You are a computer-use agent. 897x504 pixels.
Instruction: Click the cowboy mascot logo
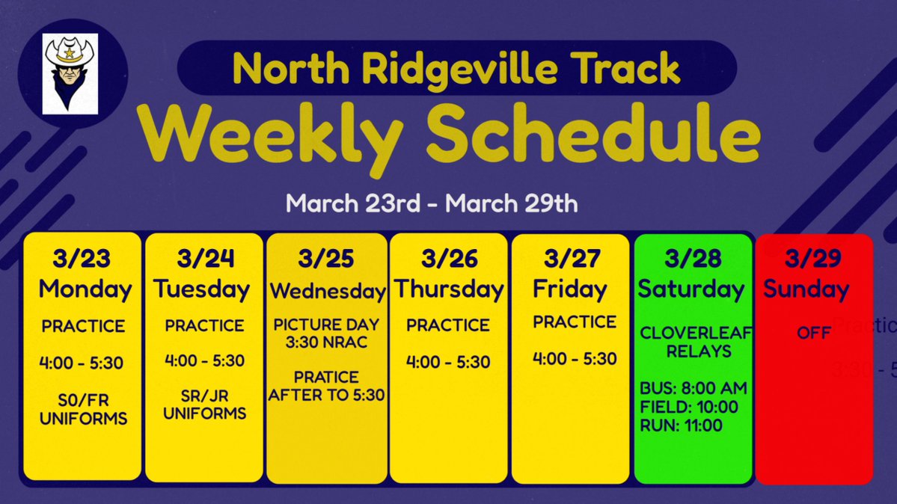pyautogui.click(x=70, y=73)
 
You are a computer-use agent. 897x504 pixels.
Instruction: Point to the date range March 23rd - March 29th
pyautogui.click(x=432, y=203)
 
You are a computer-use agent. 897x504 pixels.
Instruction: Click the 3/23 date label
pyautogui.click(x=82, y=259)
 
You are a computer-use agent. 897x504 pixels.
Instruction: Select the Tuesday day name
pyautogui.click(x=202, y=289)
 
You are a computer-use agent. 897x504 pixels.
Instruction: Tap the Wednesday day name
pyautogui.click(x=327, y=290)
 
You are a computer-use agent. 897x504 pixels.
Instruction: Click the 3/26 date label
pyautogui.click(x=449, y=259)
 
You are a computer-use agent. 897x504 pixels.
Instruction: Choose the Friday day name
pyautogui.click(x=569, y=289)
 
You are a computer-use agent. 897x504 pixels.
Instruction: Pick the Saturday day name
pyautogui.click(x=691, y=289)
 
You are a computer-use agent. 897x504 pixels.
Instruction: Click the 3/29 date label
pyautogui.click(x=812, y=259)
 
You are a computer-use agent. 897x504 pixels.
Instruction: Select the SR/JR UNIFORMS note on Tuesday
pyautogui.click(x=205, y=405)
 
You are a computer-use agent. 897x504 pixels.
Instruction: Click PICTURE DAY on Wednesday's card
pyautogui.click(x=326, y=325)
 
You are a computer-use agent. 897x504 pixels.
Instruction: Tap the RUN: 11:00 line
pyautogui.click(x=682, y=426)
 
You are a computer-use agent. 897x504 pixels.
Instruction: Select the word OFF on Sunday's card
pyautogui.click(x=814, y=333)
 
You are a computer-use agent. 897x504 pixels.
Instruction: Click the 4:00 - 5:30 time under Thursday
pyautogui.click(x=448, y=363)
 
